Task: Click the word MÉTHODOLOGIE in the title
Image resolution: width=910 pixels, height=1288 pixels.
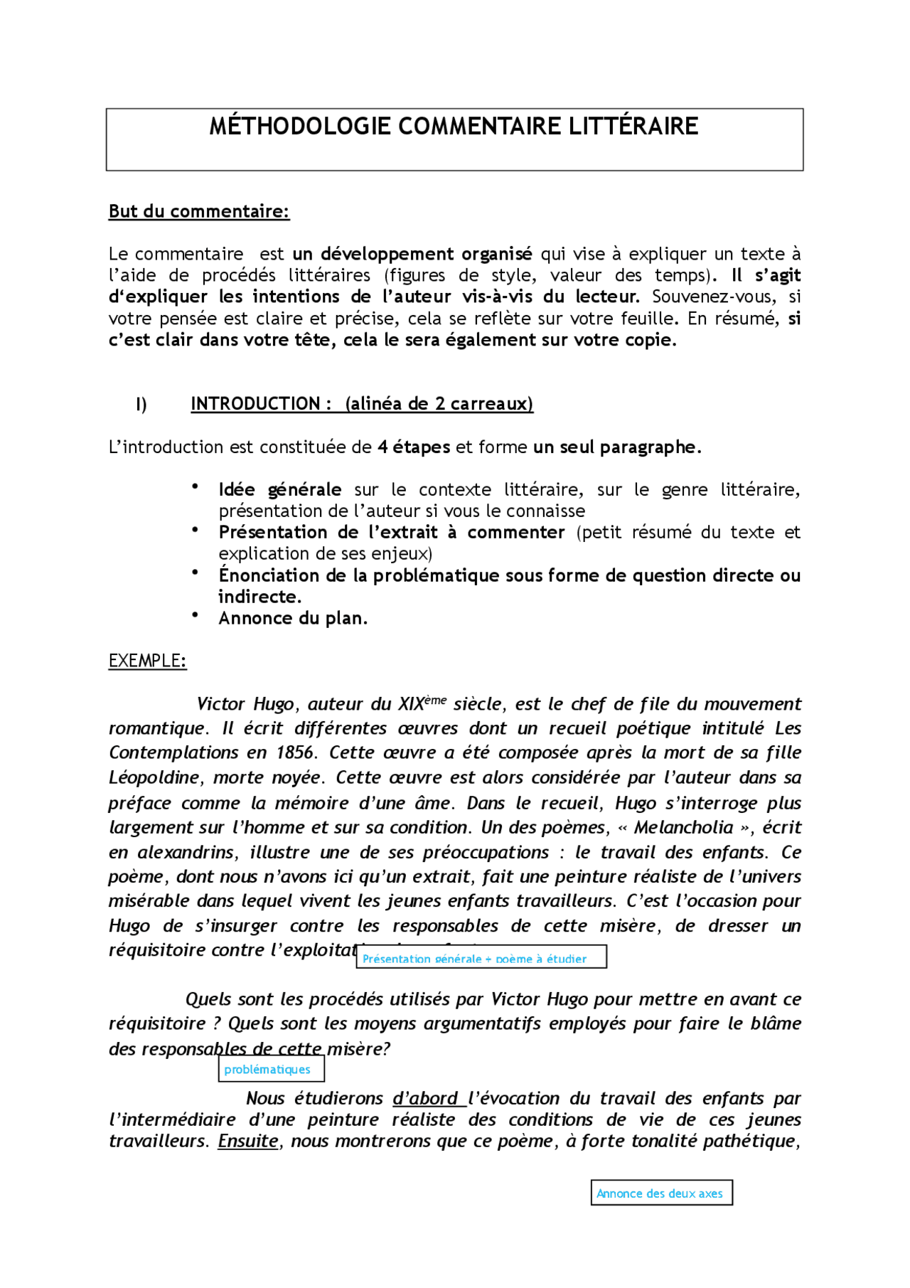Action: [x=299, y=127]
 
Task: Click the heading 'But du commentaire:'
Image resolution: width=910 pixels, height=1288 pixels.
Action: [x=199, y=212]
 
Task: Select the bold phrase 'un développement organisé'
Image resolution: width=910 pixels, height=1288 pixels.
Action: [x=412, y=255]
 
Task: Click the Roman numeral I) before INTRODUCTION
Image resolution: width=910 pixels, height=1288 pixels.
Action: [x=141, y=405]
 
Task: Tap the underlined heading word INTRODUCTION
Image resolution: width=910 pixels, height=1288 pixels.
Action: [x=255, y=404]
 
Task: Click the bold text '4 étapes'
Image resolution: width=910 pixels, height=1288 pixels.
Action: [x=413, y=447]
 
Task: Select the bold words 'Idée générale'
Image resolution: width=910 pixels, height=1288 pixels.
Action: [x=279, y=490]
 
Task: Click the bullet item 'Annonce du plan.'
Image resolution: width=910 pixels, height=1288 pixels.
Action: [x=293, y=619]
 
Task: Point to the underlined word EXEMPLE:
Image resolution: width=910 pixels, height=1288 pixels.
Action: [x=147, y=661]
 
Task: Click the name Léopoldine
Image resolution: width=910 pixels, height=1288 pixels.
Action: [x=154, y=778]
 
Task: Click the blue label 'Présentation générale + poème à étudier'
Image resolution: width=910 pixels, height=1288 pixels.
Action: [x=481, y=959]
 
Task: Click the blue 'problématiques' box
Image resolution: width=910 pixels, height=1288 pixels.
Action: [x=271, y=1070]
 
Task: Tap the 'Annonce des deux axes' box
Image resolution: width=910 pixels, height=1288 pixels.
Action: [x=661, y=1193]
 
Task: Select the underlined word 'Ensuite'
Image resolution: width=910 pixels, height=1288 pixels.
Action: [x=248, y=1141]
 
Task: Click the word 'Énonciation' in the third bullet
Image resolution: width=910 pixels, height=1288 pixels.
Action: [x=269, y=575]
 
